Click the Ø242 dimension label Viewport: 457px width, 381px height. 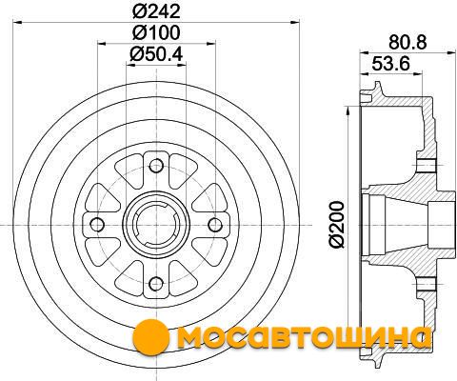156,12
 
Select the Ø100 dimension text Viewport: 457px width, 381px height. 156,32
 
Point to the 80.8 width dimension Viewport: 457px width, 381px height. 407,42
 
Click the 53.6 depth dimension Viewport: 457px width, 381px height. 391,64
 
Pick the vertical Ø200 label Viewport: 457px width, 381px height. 337,224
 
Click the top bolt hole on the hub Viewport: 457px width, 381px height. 156,166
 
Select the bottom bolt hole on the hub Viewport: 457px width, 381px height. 156,283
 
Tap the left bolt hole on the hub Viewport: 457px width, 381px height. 97,225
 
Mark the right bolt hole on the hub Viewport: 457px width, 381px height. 215,225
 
